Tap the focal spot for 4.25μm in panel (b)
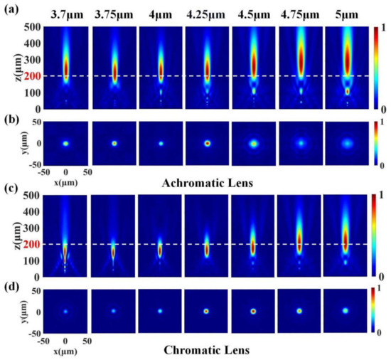(208, 143)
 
